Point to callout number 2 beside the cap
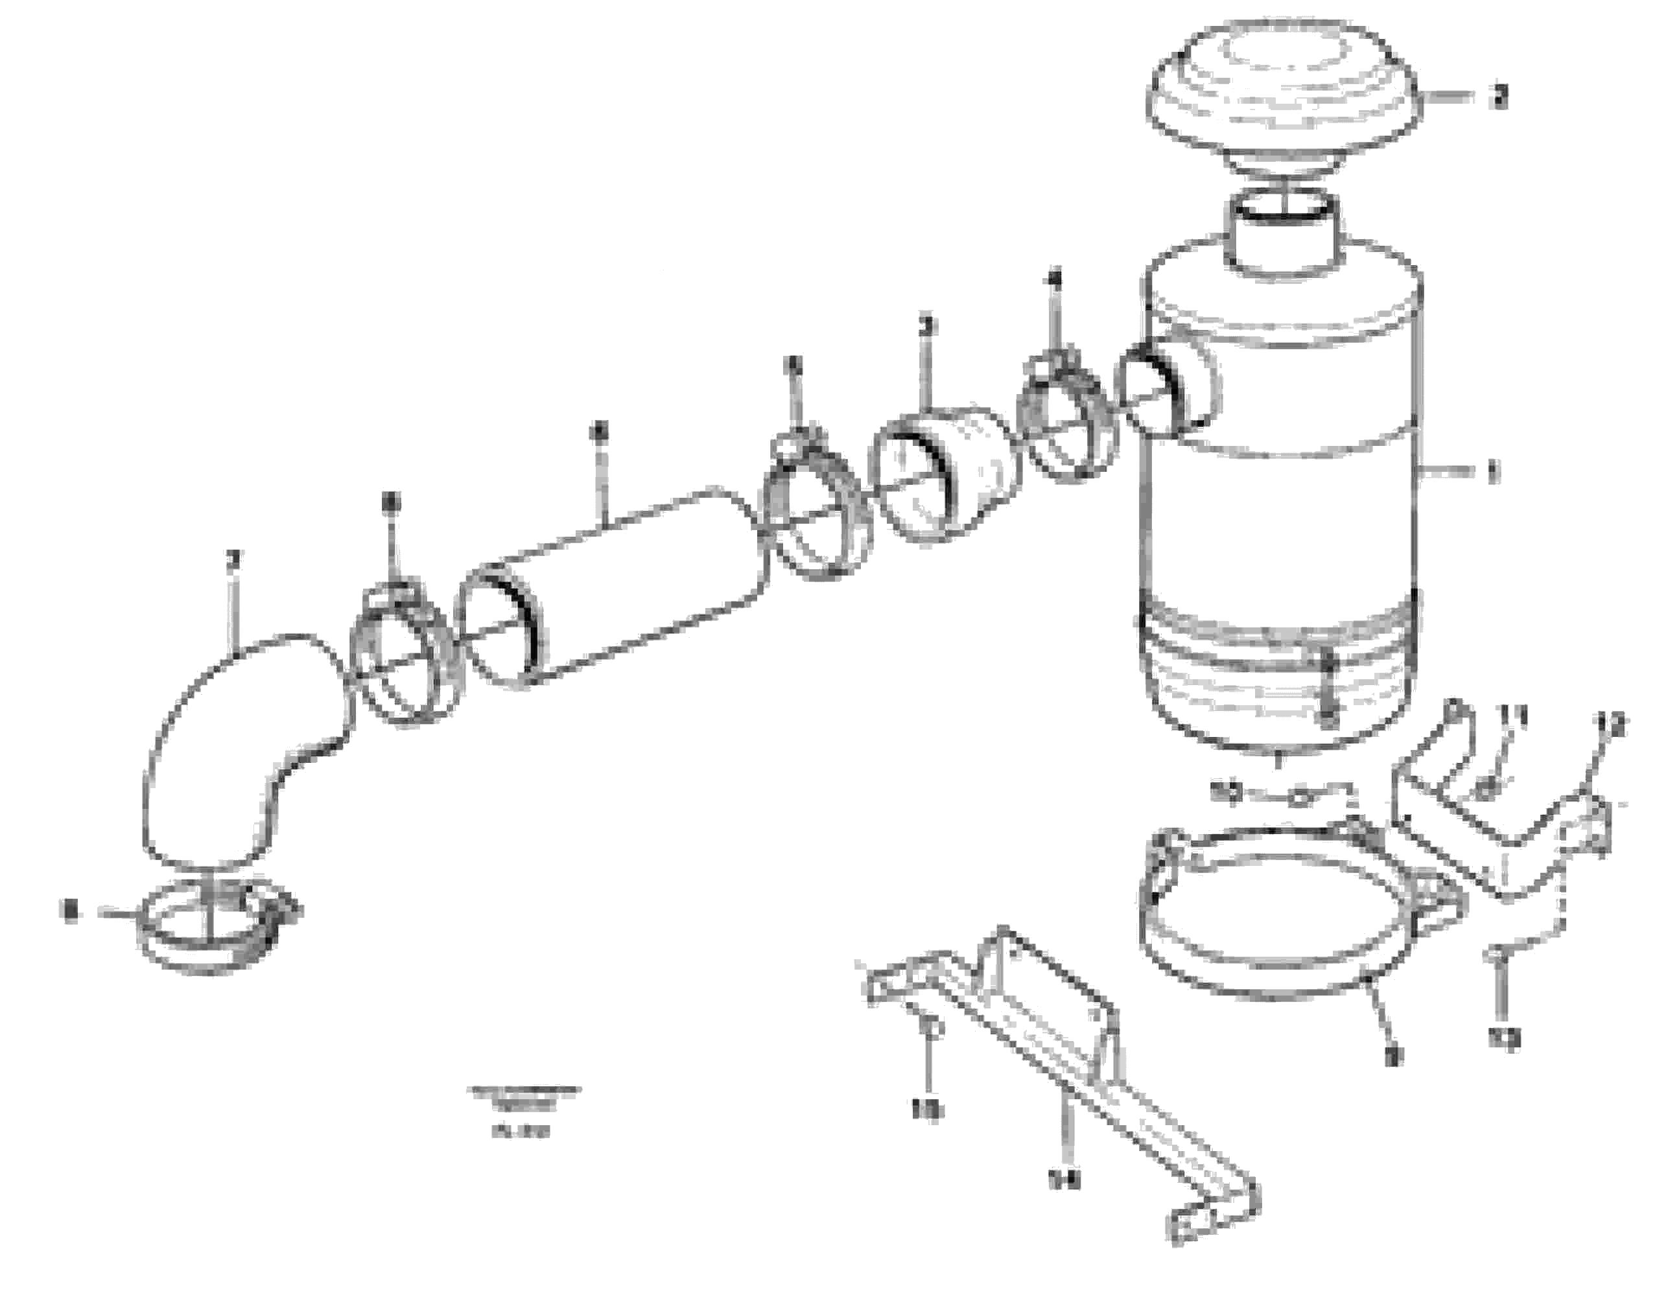pos(1500,98)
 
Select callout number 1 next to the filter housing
pos(1491,472)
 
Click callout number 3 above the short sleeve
pos(927,327)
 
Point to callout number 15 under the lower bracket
pos(928,1110)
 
